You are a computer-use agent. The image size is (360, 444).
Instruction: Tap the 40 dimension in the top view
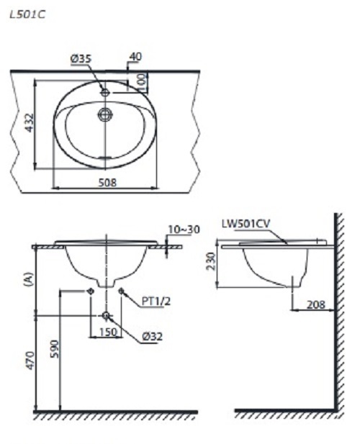tap(136, 56)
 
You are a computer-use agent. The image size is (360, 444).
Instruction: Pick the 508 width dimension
tap(107, 183)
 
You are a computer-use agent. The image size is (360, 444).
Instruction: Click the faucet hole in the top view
tap(105, 92)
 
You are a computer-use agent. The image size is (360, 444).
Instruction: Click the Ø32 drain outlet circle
tap(106, 316)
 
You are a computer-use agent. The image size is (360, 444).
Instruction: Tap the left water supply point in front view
tap(89, 291)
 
